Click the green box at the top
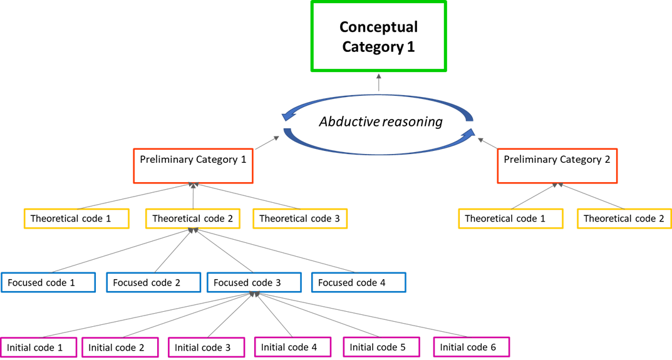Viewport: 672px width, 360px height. click(378, 36)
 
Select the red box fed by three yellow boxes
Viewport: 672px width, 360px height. click(193, 166)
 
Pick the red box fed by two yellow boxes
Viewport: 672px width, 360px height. click(557, 166)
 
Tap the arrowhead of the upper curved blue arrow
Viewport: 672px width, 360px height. click(288, 116)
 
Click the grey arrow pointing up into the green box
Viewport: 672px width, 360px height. click(378, 83)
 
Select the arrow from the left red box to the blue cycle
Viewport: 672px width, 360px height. click(267, 142)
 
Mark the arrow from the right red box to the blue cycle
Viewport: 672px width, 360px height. click(487, 143)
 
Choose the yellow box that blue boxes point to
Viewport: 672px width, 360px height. click(192, 219)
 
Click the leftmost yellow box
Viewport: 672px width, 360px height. click(76, 219)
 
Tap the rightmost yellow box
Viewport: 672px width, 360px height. click(624, 219)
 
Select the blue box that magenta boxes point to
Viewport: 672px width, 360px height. click(254, 282)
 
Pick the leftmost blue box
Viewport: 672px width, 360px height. click(48, 282)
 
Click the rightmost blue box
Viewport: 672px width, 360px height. click(358, 282)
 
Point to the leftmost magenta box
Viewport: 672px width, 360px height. click(39, 347)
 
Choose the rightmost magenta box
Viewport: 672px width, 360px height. click(471, 347)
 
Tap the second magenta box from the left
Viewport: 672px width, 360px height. click(120, 347)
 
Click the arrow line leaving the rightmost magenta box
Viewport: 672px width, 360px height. click(363, 315)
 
